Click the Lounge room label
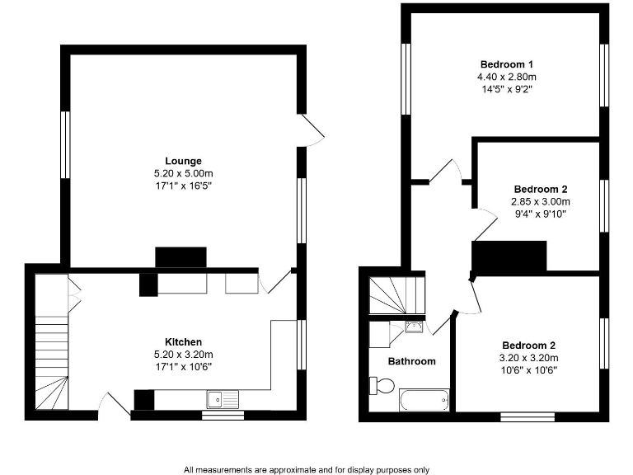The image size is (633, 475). click(183, 161)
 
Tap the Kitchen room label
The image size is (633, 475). click(183, 341)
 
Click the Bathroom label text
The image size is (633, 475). click(411, 361)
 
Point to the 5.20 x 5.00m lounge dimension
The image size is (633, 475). click(183, 173)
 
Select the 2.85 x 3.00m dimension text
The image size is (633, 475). click(540, 201)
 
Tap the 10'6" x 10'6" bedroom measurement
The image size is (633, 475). click(530, 370)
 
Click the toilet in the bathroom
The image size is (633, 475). click(382, 385)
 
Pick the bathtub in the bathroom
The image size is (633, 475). click(423, 402)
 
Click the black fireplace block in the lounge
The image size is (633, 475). click(181, 257)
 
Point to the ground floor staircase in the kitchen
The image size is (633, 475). click(51, 363)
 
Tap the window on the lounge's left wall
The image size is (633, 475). click(64, 144)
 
